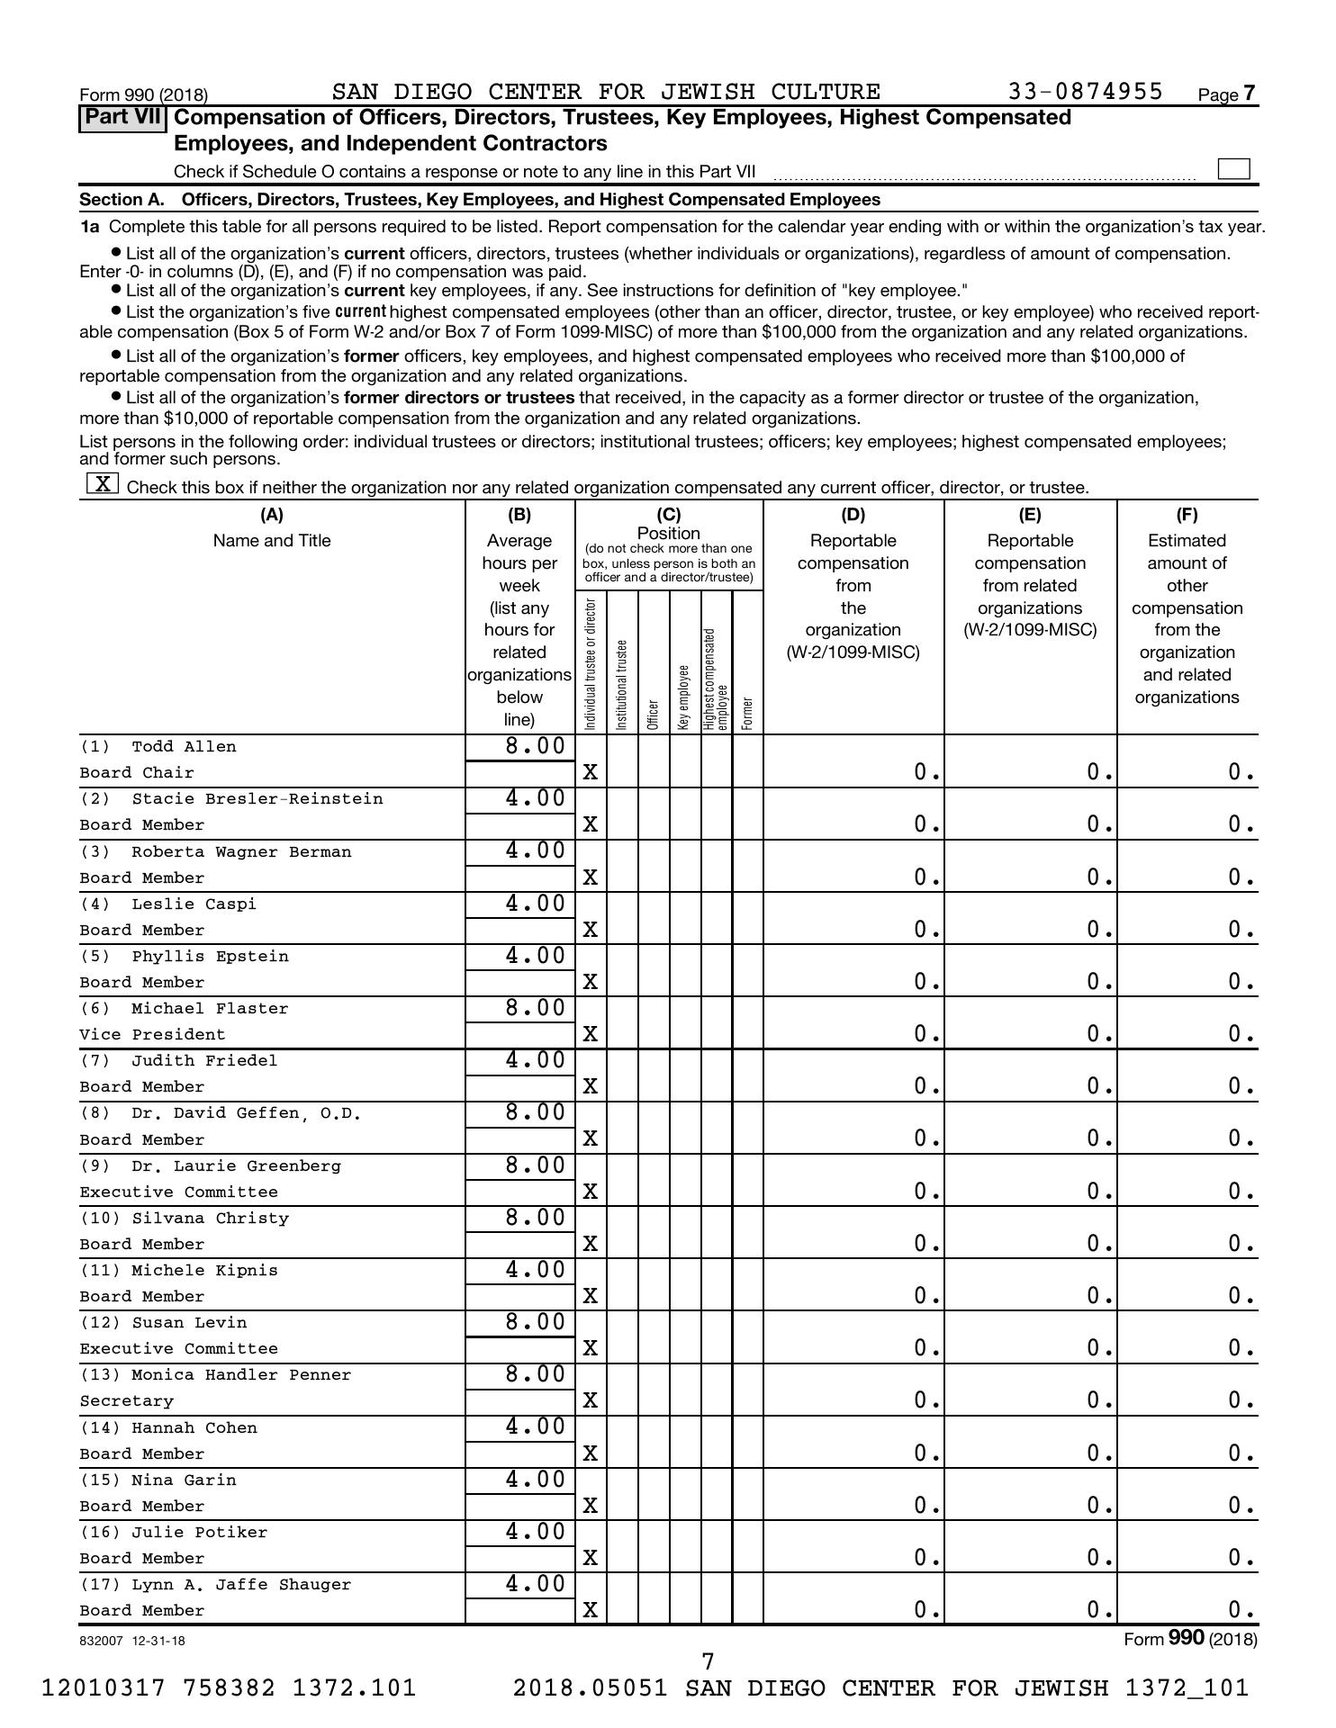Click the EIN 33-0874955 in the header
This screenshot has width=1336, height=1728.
pyautogui.click(x=1085, y=93)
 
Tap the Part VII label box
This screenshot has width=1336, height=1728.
pyautogui.click(x=123, y=118)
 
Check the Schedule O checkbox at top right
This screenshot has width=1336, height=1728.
pyautogui.click(x=1232, y=169)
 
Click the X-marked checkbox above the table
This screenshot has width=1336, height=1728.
pyautogui.click(x=103, y=484)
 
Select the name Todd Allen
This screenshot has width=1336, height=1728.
pyautogui.click(x=184, y=747)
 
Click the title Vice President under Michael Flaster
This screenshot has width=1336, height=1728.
pyautogui.click(x=152, y=1035)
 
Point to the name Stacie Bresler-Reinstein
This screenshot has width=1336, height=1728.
pyautogui.click(x=257, y=799)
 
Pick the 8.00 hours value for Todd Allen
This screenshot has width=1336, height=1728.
pyautogui.click(x=535, y=746)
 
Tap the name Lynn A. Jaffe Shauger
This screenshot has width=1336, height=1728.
pyautogui.click(x=241, y=1585)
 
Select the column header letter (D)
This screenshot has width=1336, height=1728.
pyautogui.click(x=853, y=515)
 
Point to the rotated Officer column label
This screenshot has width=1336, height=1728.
pyautogui.click(x=654, y=714)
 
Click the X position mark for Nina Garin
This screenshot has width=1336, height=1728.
pyautogui.click(x=590, y=1506)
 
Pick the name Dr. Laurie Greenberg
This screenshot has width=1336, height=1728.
pyautogui.click(x=236, y=1166)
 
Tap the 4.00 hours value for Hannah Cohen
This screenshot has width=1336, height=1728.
pyautogui.click(x=535, y=1427)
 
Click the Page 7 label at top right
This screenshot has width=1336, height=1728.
pyautogui.click(x=1227, y=94)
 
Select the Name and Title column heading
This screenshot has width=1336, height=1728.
pyautogui.click(x=272, y=541)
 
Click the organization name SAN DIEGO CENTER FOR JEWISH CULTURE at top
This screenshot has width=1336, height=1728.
pyautogui.click(x=606, y=93)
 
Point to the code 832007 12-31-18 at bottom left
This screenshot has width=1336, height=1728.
pyautogui.click(x=132, y=1641)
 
